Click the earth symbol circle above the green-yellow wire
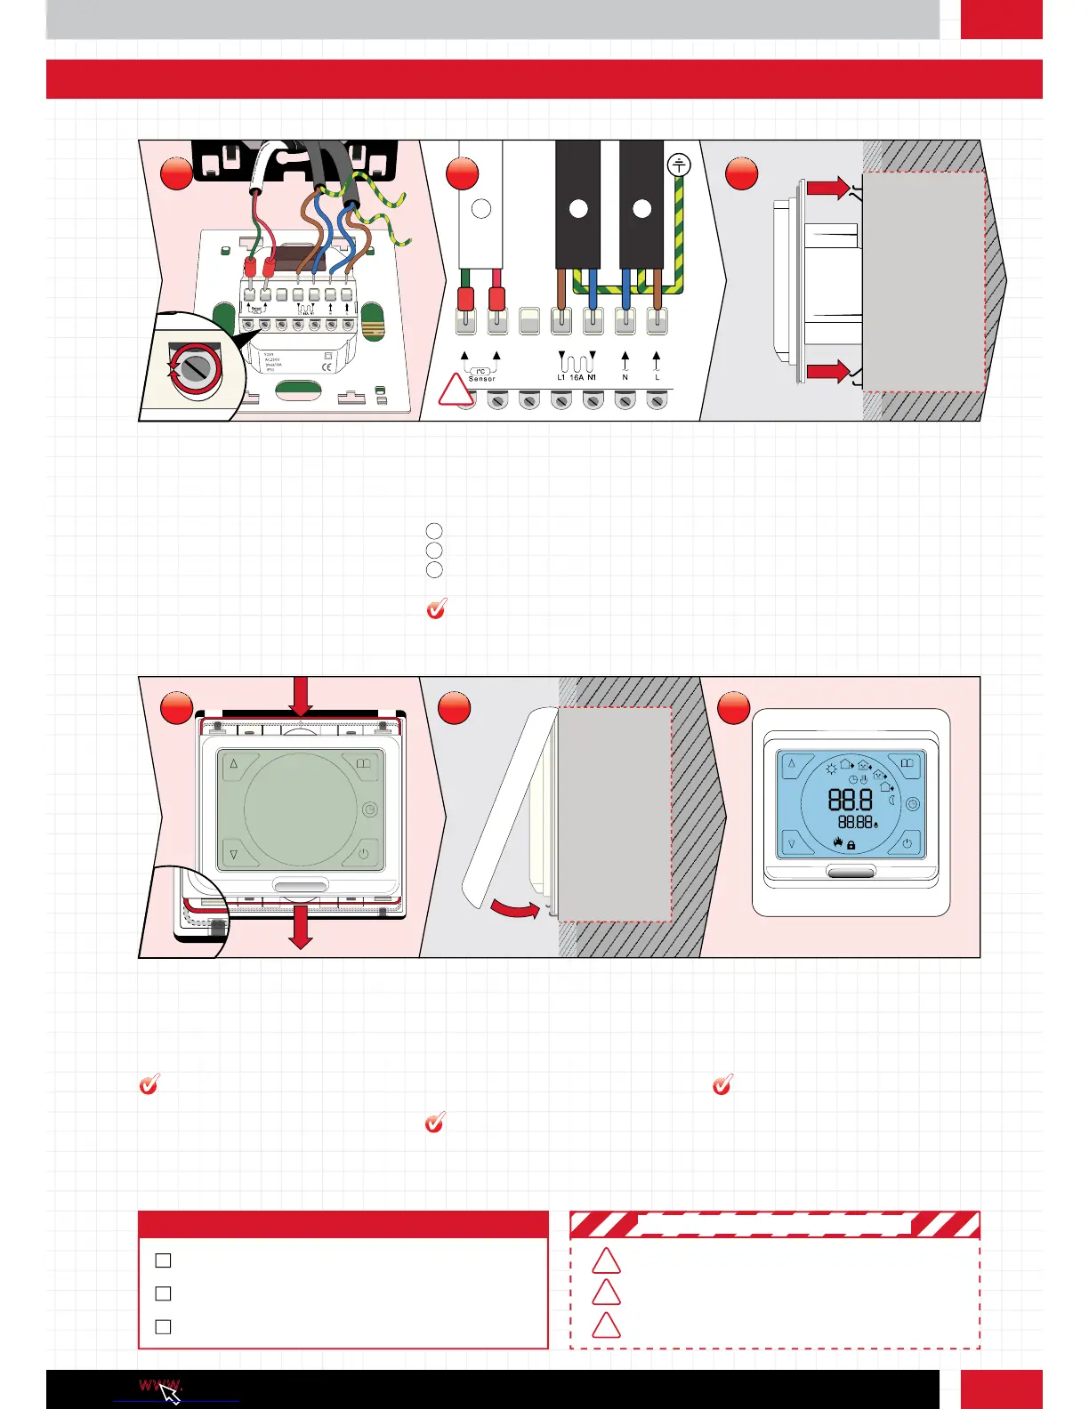click(x=679, y=165)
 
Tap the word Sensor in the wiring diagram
click(x=481, y=379)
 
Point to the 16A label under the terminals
click(x=577, y=378)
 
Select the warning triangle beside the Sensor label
click(x=456, y=391)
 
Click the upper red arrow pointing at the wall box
click(x=828, y=188)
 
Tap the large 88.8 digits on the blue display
click(x=850, y=799)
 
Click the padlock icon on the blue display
click(x=851, y=845)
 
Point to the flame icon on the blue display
click(x=837, y=842)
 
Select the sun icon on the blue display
click(x=832, y=768)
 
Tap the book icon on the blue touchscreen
click(x=907, y=763)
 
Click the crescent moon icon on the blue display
click(x=891, y=801)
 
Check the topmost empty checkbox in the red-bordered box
click(x=163, y=1260)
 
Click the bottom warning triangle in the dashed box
click(x=606, y=1326)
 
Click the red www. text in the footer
click(x=160, y=1385)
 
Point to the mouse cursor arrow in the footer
click(x=170, y=1393)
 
